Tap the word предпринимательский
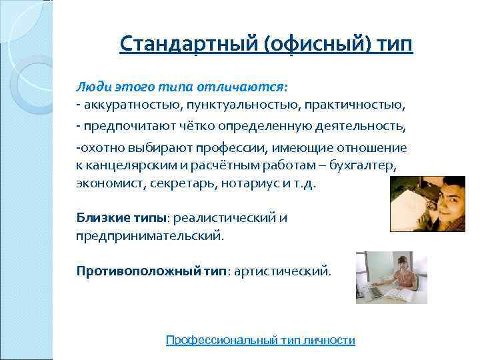(x=151, y=235)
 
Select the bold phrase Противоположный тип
(x=151, y=271)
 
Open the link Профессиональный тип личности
(x=260, y=340)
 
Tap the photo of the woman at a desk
(x=382, y=277)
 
